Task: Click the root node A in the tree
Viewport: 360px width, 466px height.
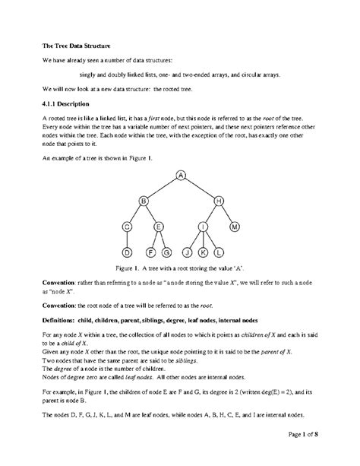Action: coord(182,176)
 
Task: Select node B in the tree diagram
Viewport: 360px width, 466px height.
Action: coord(143,201)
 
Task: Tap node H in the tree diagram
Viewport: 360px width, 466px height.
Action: coord(219,201)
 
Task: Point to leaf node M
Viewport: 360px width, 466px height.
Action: coord(235,227)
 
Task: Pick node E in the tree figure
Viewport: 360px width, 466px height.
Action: coord(159,227)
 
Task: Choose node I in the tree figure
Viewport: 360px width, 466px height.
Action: coord(204,227)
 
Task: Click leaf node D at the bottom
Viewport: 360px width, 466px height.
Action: coord(128,252)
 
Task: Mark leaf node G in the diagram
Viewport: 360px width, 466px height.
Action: coord(166,252)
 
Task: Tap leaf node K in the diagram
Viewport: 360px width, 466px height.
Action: coord(204,252)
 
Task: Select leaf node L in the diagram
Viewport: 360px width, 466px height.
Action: coord(219,252)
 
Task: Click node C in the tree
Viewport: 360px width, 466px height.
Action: coord(128,227)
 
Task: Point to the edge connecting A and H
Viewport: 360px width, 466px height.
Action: coord(201,189)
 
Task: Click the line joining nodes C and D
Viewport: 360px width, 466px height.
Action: coord(128,239)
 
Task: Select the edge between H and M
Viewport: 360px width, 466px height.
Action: coord(227,214)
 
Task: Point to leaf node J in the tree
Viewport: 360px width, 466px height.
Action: coord(188,252)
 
